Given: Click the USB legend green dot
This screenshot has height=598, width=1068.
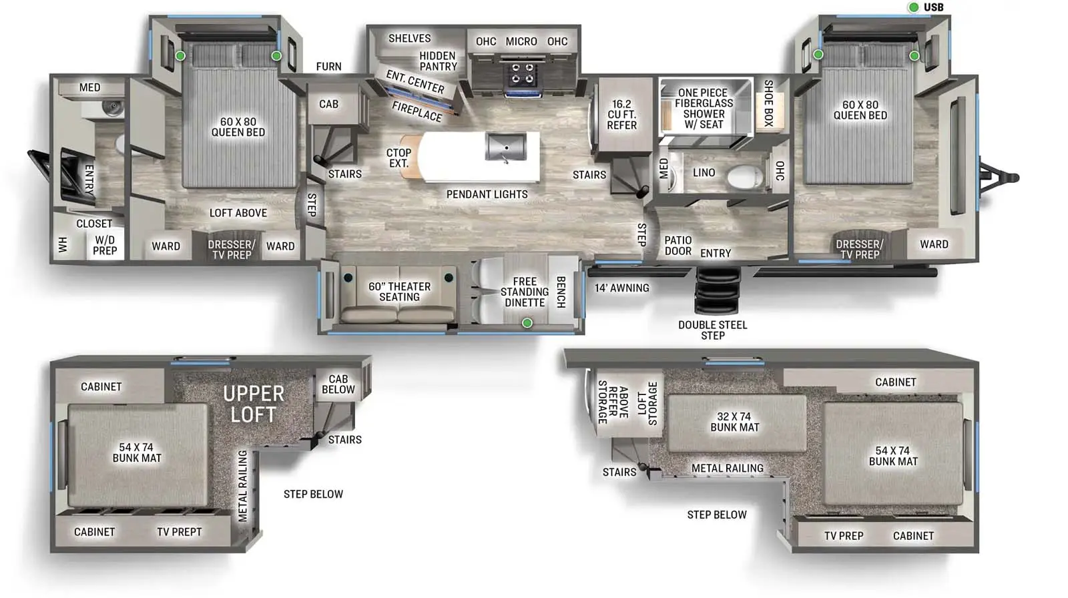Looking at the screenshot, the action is pyautogui.click(x=914, y=7).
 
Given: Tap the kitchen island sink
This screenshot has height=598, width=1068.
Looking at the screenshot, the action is pyautogui.click(x=506, y=147).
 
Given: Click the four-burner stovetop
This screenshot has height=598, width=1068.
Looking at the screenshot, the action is pyautogui.click(x=523, y=74).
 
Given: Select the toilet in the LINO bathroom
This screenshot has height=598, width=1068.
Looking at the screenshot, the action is pyautogui.click(x=744, y=178).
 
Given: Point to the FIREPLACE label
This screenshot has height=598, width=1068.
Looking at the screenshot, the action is pyautogui.click(x=417, y=111).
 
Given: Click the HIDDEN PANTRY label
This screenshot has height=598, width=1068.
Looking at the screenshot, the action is pyautogui.click(x=438, y=61).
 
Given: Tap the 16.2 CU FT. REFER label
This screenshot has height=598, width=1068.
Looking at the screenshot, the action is pyautogui.click(x=621, y=114).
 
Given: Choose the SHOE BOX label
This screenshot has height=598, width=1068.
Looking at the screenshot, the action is pyautogui.click(x=768, y=103).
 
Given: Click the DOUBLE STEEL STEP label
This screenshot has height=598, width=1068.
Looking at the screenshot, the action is pyautogui.click(x=713, y=330).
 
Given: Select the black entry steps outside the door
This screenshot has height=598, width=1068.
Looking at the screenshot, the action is pyautogui.click(x=718, y=290).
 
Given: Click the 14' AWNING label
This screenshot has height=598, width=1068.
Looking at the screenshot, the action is pyautogui.click(x=621, y=288).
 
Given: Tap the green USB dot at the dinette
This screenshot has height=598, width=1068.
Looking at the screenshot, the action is pyautogui.click(x=527, y=323).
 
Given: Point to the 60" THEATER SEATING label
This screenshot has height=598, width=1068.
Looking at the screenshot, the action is pyautogui.click(x=400, y=292).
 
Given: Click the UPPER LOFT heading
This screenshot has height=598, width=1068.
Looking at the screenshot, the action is pyautogui.click(x=254, y=404).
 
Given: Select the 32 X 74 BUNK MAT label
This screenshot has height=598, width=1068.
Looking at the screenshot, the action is pyautogui.click(x=735, y=422).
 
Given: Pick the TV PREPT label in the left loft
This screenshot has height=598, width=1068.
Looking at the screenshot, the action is pyautogui.click(x=180, y=532).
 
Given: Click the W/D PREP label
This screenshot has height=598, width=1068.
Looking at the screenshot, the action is pyautogui.click(x=105, y=245).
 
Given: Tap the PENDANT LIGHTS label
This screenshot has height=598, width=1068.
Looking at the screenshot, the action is pyautogui.click(x=487, y=194).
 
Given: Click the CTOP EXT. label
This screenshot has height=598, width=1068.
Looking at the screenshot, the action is pyautogui.click(x=398, y=158).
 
